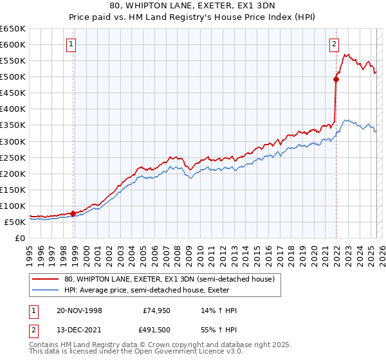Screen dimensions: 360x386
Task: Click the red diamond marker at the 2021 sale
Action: click(336, 80)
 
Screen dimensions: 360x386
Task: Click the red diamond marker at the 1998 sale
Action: click(73, 213)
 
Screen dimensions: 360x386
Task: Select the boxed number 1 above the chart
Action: click(70, 44)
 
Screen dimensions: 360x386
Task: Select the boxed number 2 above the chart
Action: click(335, 44)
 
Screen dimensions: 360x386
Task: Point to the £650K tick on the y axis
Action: click(13, 29)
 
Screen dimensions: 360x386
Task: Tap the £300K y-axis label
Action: click(13, 141)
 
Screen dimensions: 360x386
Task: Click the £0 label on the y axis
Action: click(21, 238)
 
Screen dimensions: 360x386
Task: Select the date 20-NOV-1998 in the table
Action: click(79, 310)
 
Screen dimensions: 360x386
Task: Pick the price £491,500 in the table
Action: click(157, 332)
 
